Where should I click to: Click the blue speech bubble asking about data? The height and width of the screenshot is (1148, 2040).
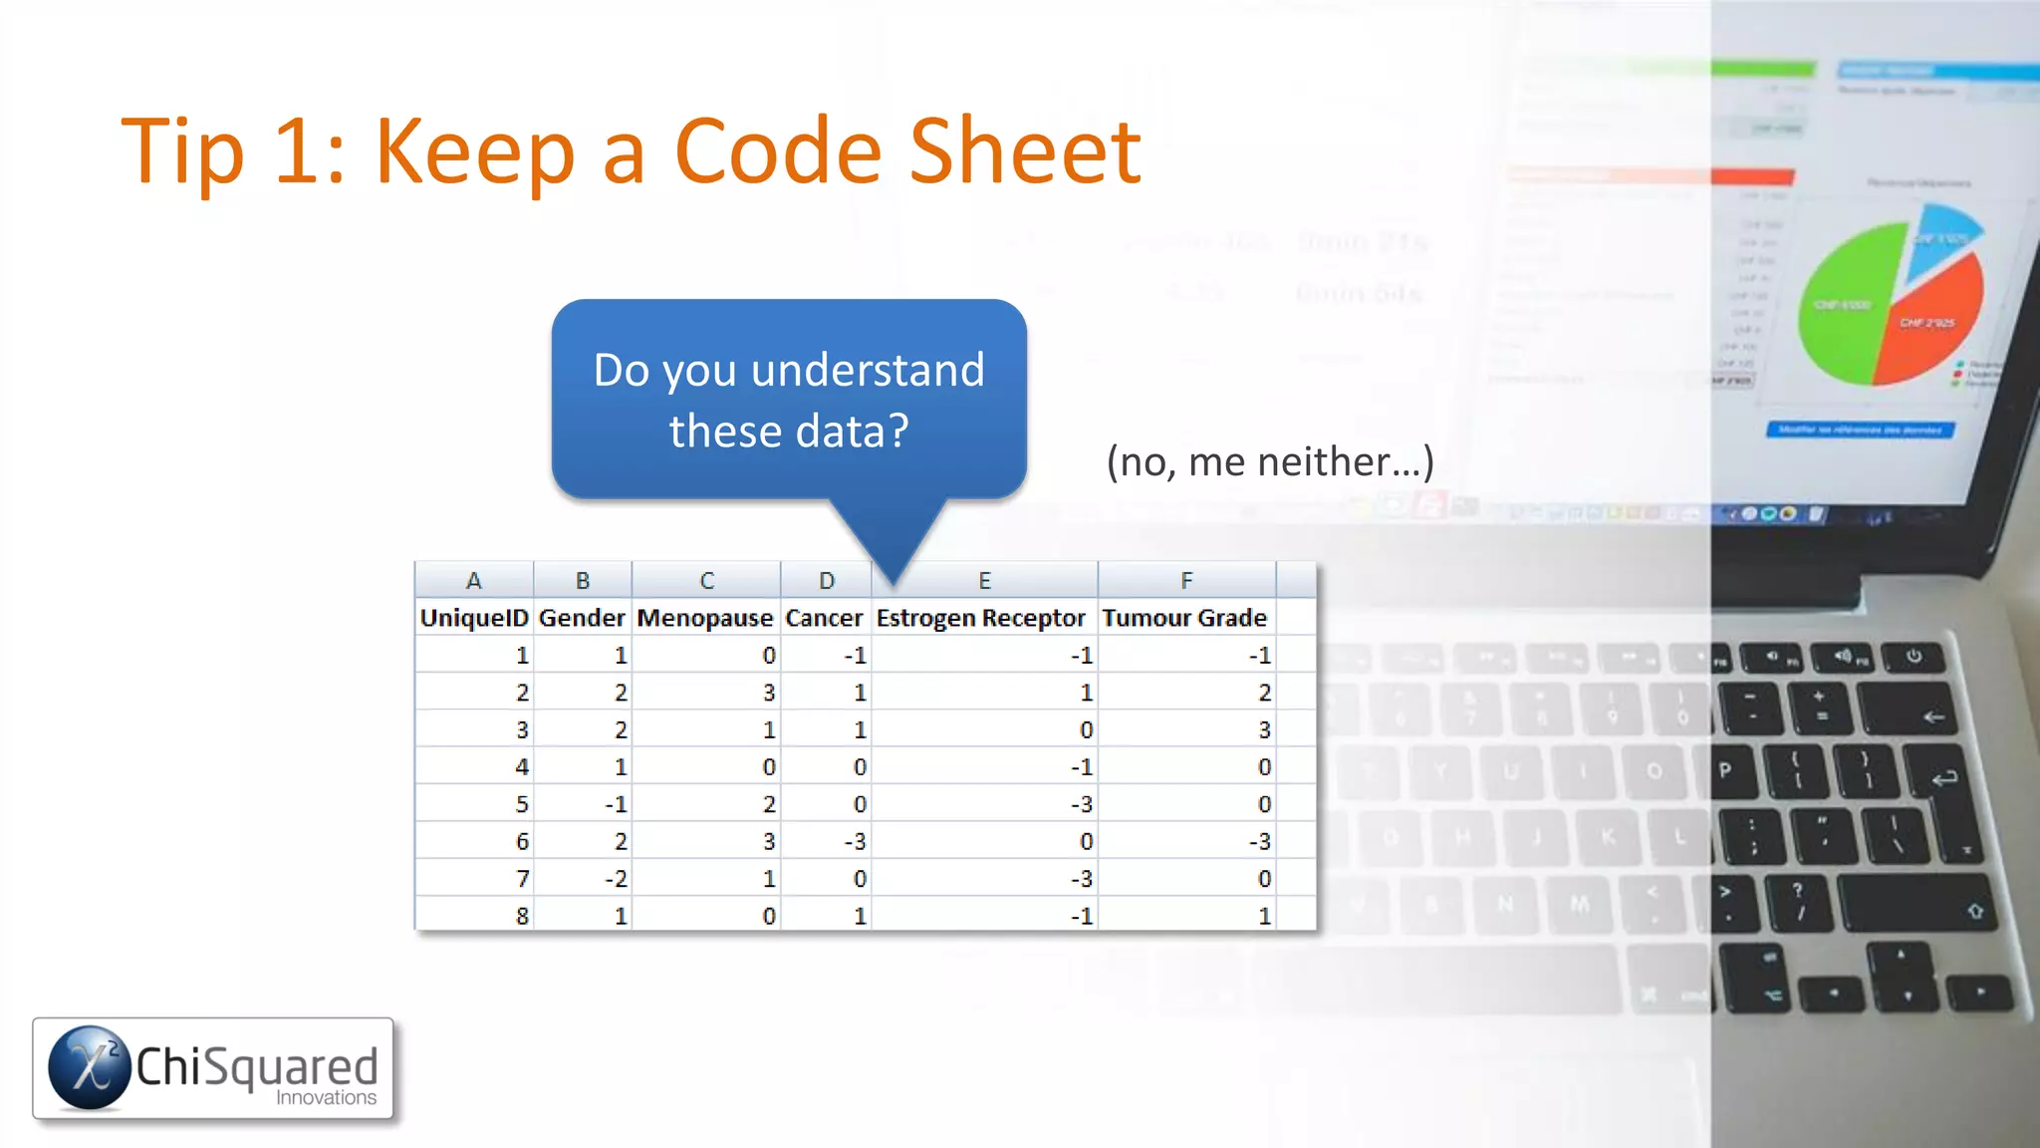coord(789,400)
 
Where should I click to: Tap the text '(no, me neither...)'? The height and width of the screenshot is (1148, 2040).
coord(1270,462)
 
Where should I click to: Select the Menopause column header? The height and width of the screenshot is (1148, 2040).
coord(705,618)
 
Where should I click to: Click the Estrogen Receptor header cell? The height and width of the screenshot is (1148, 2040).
coord(981,618)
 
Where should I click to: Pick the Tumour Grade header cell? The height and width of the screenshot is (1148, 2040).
coord(1184,618)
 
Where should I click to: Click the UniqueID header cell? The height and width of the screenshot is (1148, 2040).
coord(474,618)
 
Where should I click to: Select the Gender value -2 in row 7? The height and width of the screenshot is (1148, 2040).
coord(616,879)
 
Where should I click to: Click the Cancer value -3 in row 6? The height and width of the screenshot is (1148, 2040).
coord(855,842)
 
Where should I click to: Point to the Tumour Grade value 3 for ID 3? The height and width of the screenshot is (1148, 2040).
coord(1263,730)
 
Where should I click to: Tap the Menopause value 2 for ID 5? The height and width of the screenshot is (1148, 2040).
coord(768,804)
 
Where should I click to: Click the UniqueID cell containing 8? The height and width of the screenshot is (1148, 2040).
coord(521,916)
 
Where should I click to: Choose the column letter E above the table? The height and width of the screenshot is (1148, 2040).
coord(984,580)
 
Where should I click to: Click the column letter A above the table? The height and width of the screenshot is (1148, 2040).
coord(474,580)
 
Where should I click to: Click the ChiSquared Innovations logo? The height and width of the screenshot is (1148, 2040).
coord(213,1068)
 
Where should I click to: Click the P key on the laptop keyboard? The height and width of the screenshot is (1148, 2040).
coord(1725,769)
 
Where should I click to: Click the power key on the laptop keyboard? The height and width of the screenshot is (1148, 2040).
coord(1913,657)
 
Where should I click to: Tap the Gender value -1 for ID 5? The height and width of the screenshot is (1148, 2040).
coord(616,804)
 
